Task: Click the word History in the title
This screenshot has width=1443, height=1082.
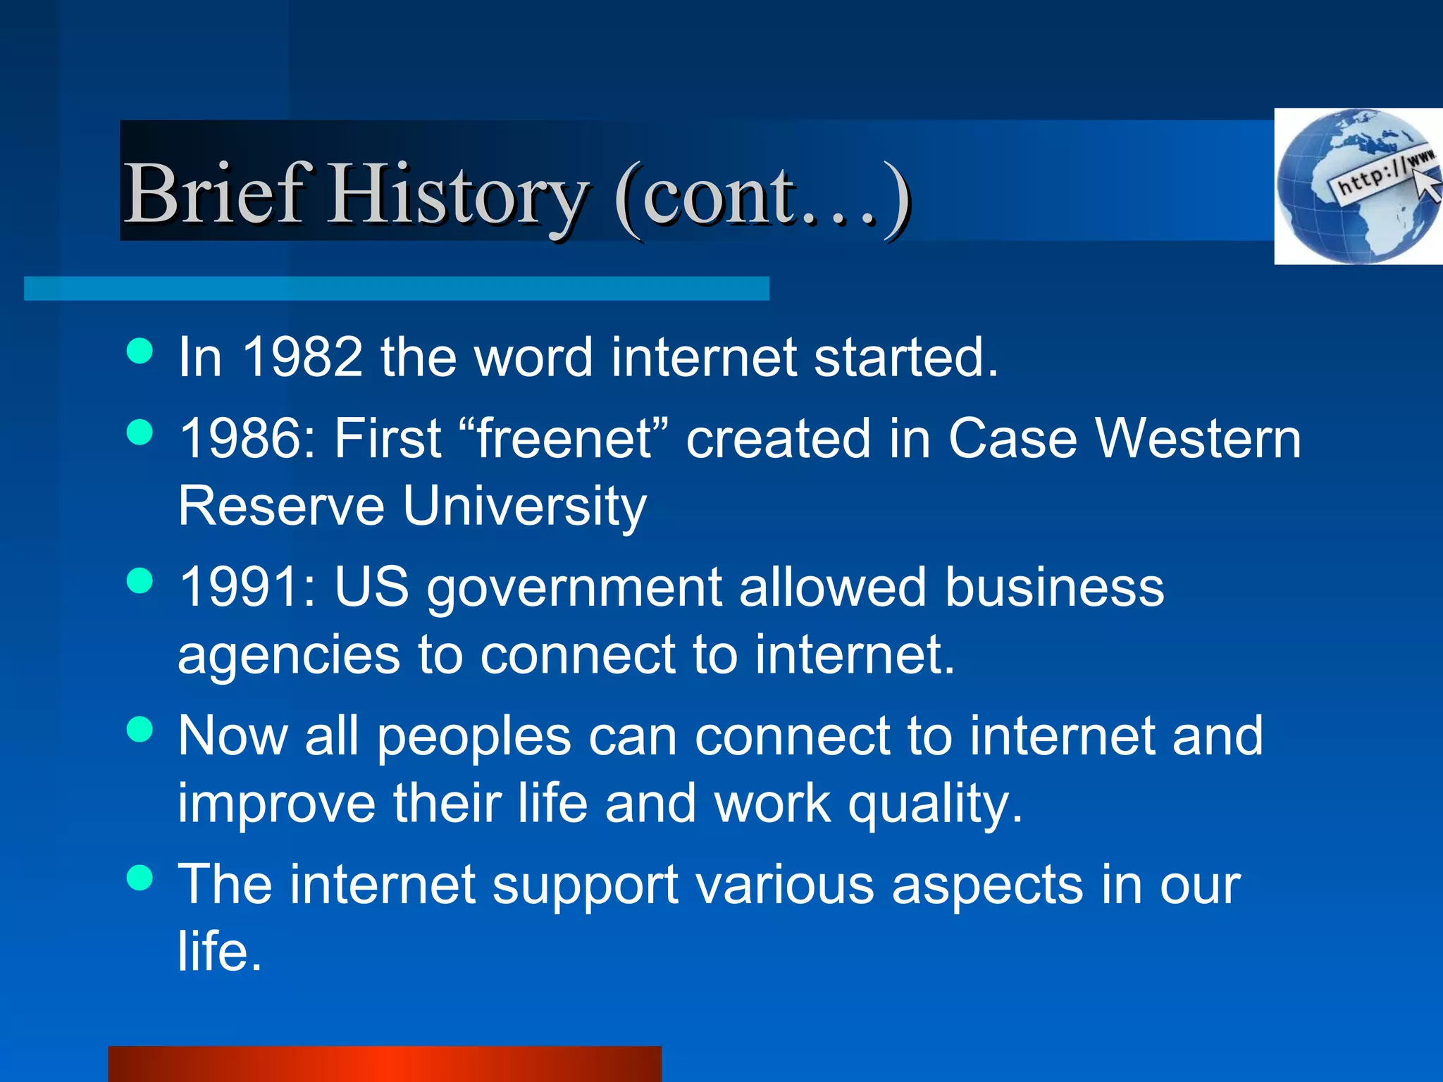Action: point(458,195)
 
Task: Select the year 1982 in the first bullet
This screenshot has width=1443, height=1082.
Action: point(302,357)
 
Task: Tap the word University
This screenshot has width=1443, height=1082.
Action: point(525,506)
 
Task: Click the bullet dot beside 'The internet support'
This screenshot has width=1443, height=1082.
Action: point(140,878)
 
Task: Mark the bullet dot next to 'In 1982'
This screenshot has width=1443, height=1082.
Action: point(140,350)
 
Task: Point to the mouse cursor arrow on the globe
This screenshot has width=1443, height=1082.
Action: point(1428,185)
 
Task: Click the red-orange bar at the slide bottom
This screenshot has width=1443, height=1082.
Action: point(384,1064)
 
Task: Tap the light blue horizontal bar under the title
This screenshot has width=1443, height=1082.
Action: point(396,289)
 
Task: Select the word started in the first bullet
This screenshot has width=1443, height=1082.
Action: point(905,357)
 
